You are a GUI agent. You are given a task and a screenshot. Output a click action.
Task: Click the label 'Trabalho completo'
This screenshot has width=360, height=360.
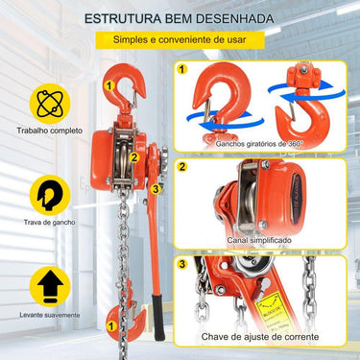tap(43, 132)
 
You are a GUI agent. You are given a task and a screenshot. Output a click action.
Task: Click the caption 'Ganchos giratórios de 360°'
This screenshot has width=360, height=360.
tap(258, 143)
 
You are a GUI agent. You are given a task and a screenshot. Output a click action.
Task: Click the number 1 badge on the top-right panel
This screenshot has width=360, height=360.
tap(182, 70)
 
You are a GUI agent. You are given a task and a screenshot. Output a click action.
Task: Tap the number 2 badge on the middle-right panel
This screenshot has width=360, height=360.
tap(182, 166)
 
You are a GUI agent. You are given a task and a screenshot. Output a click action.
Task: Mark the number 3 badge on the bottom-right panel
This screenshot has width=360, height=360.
tap(182, 263)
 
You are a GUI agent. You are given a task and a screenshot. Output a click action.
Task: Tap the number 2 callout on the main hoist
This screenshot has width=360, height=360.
tap(135, 158)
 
